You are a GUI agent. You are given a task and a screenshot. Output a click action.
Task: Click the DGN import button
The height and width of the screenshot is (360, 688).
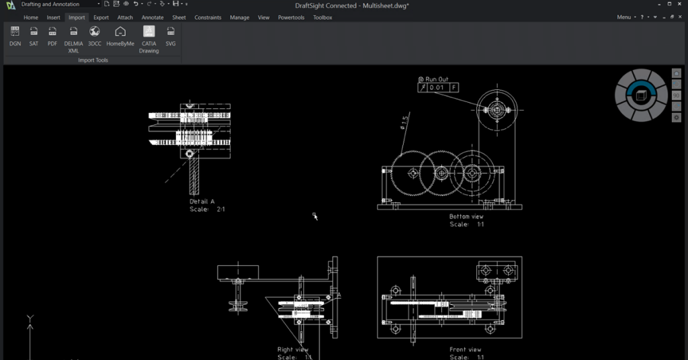pos(15,36)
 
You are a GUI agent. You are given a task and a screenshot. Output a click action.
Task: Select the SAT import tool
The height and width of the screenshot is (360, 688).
pos(34,36)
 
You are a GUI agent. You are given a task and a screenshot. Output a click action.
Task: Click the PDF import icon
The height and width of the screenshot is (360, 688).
pos(52,36)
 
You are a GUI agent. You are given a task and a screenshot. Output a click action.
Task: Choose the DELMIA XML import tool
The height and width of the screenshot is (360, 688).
pos(73,37)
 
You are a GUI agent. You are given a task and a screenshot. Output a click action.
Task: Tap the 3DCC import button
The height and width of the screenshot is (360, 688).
pos(95,36)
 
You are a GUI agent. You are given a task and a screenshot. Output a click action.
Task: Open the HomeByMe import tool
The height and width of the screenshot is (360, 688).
pos(120,36)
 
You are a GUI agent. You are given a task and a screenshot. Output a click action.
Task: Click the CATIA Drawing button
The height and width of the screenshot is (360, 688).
pos(148,37)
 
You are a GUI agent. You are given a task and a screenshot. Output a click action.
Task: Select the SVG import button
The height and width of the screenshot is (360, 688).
pos(171,36)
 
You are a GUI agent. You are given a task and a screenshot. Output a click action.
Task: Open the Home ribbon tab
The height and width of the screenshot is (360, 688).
pos(31,17)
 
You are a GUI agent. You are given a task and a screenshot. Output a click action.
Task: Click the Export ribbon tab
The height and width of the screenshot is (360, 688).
pos(101,17)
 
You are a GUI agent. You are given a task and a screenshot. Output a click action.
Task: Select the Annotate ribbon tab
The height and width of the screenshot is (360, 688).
pos(153,17)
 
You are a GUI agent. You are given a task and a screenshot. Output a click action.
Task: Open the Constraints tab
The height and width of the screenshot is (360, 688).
pos(208,17)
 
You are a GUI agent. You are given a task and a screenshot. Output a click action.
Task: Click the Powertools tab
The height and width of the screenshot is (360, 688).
pos(292,17)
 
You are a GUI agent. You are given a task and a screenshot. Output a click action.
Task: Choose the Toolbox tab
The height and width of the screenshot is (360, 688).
pos(322,17)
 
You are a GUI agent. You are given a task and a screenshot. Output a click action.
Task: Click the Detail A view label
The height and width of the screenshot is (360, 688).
pos(202,201)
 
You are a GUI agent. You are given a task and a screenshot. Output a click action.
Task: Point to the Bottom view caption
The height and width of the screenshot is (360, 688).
pos(466,216)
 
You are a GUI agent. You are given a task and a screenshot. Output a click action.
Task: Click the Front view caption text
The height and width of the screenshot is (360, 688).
pos(466,349)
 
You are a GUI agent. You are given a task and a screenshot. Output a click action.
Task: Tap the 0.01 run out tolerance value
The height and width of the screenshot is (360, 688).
pos(437,87)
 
